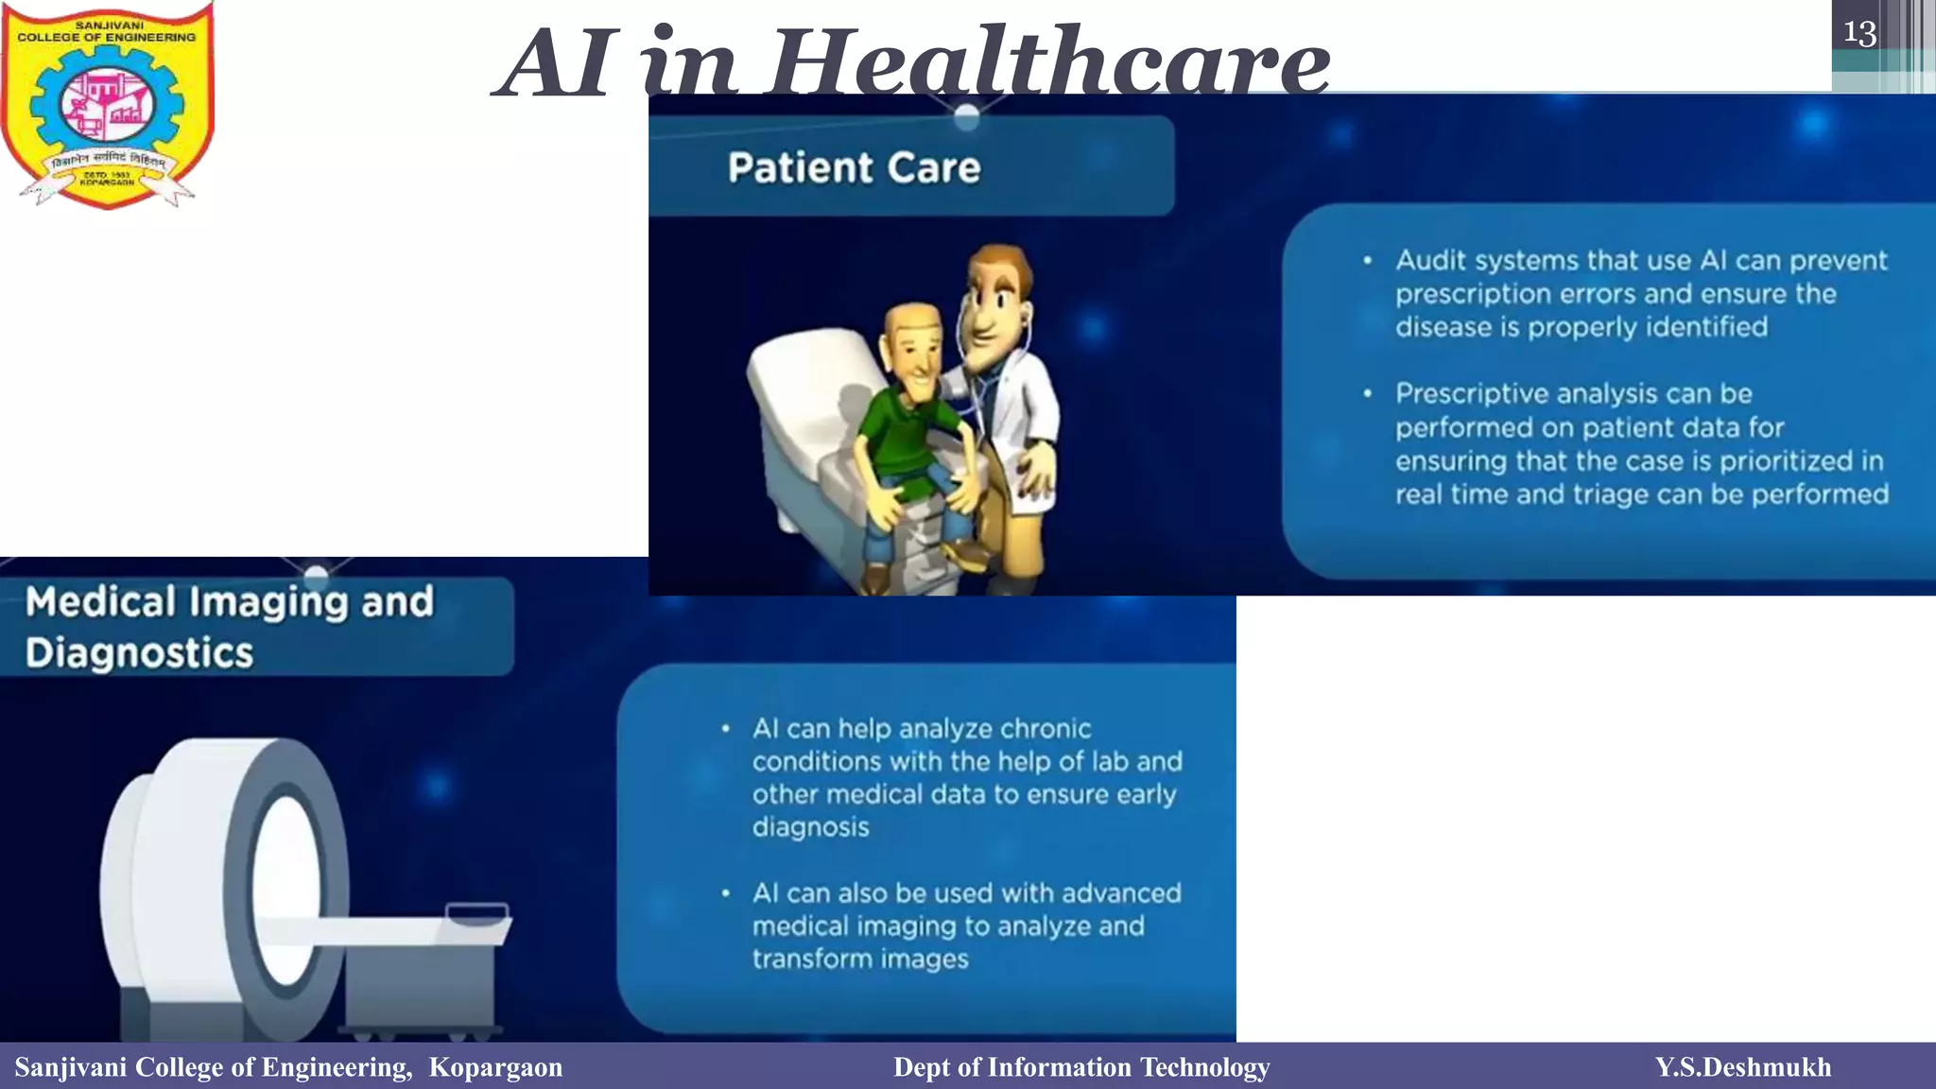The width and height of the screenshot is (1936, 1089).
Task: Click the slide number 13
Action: [1859, 34]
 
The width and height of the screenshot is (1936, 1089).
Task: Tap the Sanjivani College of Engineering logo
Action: [107, 104]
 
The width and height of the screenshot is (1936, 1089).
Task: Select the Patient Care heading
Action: [854, 168]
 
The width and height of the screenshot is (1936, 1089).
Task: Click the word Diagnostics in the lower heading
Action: [140, 653]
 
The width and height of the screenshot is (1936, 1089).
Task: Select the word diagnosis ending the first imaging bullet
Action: [810, 827]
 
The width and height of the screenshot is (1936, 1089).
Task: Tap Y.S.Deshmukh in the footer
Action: [1742, 1067]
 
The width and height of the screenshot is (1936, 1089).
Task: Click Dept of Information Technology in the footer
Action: [1081, 1067]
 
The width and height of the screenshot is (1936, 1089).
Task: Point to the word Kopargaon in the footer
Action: [495, 1067]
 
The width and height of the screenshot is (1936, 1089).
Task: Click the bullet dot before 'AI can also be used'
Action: [725, 893]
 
